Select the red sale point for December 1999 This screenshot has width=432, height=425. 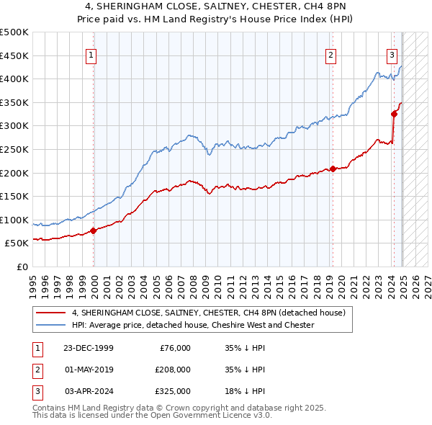click(94, 231)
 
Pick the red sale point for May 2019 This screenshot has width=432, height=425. click(333, 169)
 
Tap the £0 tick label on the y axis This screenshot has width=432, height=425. click(22, 267)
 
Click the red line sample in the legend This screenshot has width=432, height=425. click(51, 313)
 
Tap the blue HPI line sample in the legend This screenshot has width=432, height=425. click(51, 325)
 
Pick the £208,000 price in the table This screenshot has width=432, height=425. click(172, 370)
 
